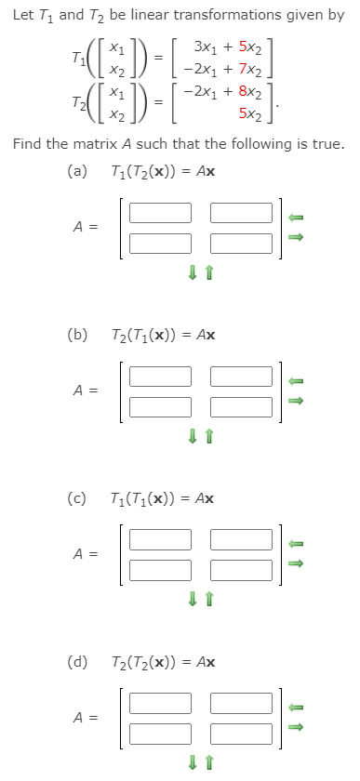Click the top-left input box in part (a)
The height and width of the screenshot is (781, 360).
click(160, 213)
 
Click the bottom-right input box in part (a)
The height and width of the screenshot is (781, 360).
click(242, 243)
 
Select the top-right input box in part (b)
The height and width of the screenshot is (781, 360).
click(242, 376)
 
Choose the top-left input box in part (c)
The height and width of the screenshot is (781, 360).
click(160, 538)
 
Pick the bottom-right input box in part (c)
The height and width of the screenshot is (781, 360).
click(242, 568)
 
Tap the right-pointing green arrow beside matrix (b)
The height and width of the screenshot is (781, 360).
click(296, 401)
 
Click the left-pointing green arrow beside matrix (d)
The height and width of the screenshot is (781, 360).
click(296, 706)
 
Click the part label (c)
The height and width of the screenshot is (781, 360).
click(78, 497)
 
